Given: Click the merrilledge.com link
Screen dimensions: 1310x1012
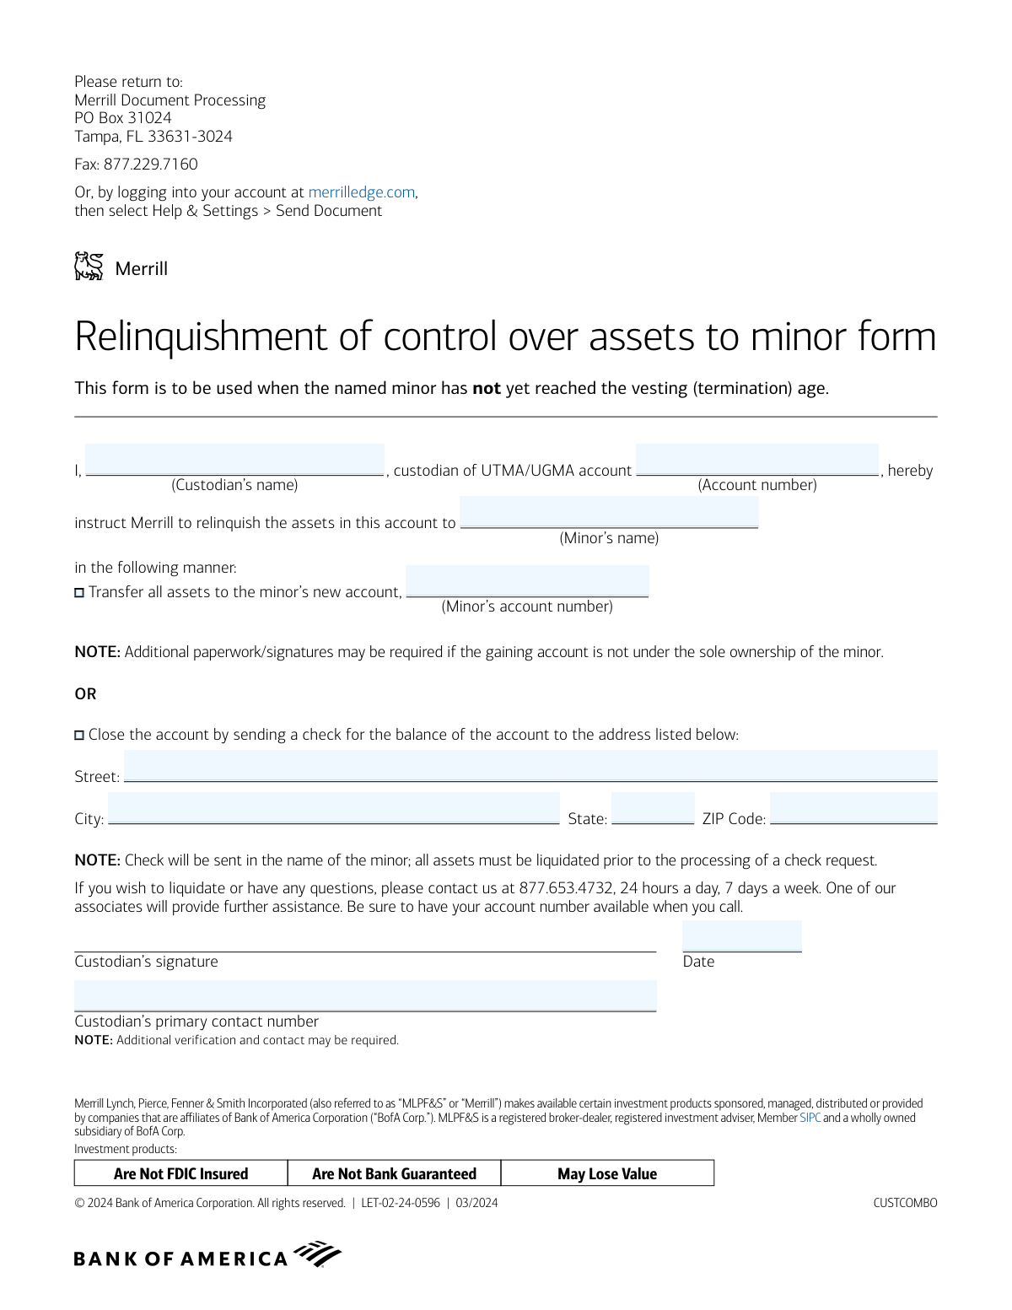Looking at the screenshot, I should [x=361, y=192].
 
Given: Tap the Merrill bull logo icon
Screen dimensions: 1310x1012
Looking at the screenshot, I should [x=89, y=267].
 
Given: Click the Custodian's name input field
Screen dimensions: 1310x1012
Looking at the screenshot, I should [x=234, y=461].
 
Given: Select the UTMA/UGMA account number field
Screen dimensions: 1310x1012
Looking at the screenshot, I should [x=756, y=461].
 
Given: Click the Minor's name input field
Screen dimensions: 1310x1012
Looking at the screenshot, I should [x=609, y=513].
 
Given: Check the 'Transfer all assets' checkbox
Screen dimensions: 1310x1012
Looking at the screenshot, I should [x=79, y=593].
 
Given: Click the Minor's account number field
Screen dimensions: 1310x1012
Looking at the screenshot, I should [x=527, y=581].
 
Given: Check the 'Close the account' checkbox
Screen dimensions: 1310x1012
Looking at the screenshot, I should [x=79, y=736].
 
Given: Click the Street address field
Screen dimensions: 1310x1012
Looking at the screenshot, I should [x=530, y=766].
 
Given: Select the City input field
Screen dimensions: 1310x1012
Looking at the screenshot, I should [x=333, y=808].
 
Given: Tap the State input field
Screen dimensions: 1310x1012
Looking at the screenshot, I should [x=652, y=808].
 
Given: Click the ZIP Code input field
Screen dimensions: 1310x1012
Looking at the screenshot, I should [x=853, y=808].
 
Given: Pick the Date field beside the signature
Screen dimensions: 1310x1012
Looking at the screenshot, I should [x=741, y=936].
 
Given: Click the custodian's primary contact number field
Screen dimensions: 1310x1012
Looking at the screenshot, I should [x=365, y=995].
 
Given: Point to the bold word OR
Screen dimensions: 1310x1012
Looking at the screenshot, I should [x=85, y=694].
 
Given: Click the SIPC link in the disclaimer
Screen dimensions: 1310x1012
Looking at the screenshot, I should [x=810, y=1118].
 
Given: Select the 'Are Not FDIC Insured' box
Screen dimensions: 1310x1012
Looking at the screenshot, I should [x=181, y=1173].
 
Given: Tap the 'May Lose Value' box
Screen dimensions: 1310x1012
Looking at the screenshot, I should [x=607, y=1173].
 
